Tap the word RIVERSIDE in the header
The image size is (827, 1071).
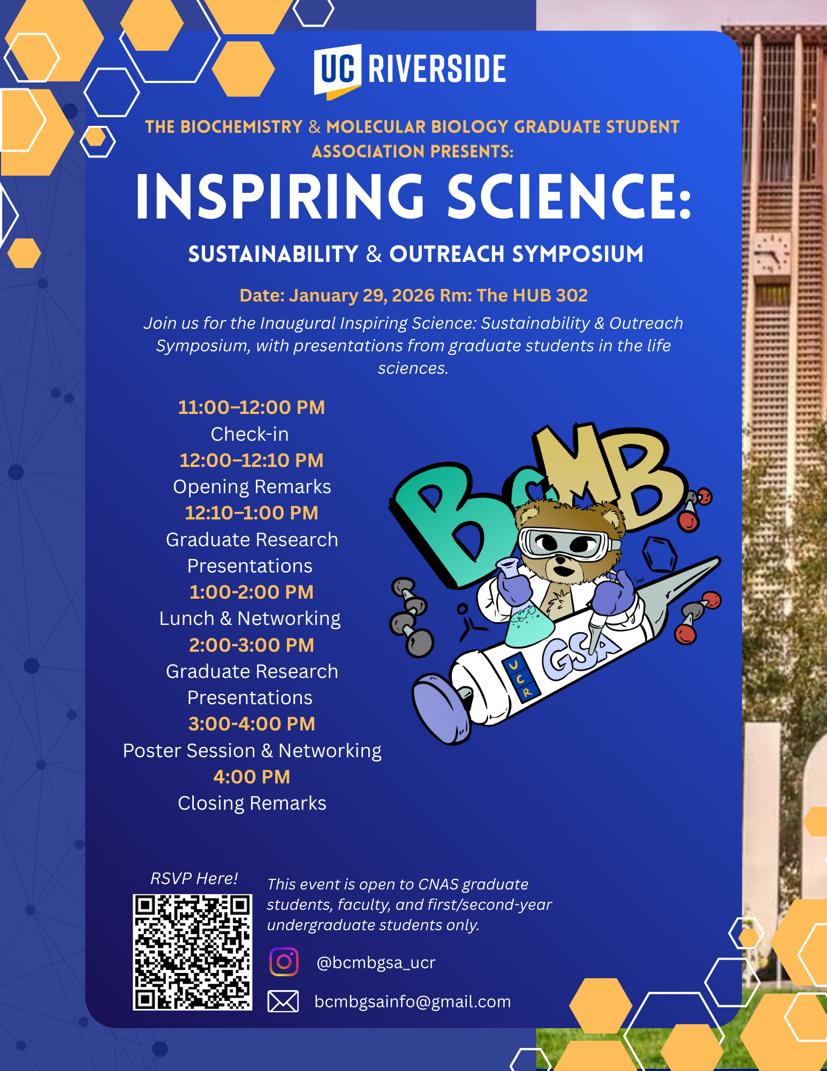(437, 69)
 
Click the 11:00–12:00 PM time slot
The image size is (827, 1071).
(252, 408)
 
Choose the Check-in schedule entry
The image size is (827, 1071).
(250, 434)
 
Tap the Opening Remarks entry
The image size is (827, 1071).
(252, 487)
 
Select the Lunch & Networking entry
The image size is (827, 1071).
(250, 619)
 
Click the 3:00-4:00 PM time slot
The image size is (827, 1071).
(252, 724)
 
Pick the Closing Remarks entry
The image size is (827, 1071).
(252, 803)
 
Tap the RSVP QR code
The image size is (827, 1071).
(193, 952)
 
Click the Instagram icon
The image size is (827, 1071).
(284, 962)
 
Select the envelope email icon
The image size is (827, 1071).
(283, 1001)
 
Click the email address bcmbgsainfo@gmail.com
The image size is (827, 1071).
(413, 1001)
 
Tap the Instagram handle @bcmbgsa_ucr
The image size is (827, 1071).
(376, 962)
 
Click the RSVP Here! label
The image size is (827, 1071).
(194, 878)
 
